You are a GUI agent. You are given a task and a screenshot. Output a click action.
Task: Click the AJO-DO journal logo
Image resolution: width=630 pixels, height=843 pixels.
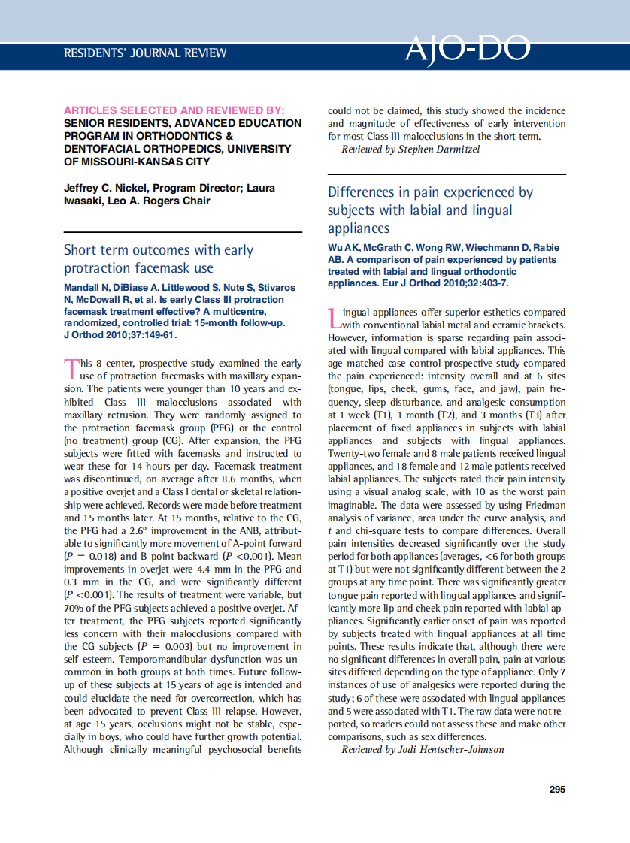[x=467, y=50]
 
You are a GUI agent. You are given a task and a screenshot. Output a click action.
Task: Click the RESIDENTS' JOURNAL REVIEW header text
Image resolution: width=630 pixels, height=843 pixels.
[x=145, y=53]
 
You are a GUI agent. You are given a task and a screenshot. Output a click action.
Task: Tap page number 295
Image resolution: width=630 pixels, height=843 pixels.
[x=557, y=789]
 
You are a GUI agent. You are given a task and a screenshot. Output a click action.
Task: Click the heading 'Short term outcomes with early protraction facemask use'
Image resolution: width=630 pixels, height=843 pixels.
[x=159, y=259]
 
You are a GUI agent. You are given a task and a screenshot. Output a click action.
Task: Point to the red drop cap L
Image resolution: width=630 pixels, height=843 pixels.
[x=335, y=319]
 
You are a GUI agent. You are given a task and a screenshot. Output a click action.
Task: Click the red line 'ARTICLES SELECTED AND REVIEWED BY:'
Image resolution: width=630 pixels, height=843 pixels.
[x=174, y=110]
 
